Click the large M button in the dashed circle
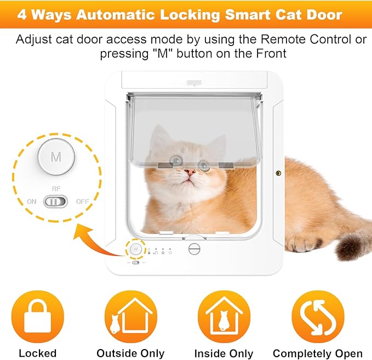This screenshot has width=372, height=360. click(x=56, y=157)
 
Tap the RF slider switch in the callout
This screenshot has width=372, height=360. click(x=55, y=202)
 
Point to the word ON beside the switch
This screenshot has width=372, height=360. click(x=32, y=202)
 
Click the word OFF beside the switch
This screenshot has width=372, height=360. click(x=82, y=202)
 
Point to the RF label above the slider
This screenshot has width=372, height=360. click(x=56, y=188)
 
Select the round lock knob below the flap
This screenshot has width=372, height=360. click(x=194, y=248)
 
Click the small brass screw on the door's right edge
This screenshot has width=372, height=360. click(x=277, y=173)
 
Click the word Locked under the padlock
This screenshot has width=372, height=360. click(x=38, y=353)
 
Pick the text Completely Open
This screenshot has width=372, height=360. click(x=318, y=353)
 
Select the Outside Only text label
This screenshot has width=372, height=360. click(x=130, y=353)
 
